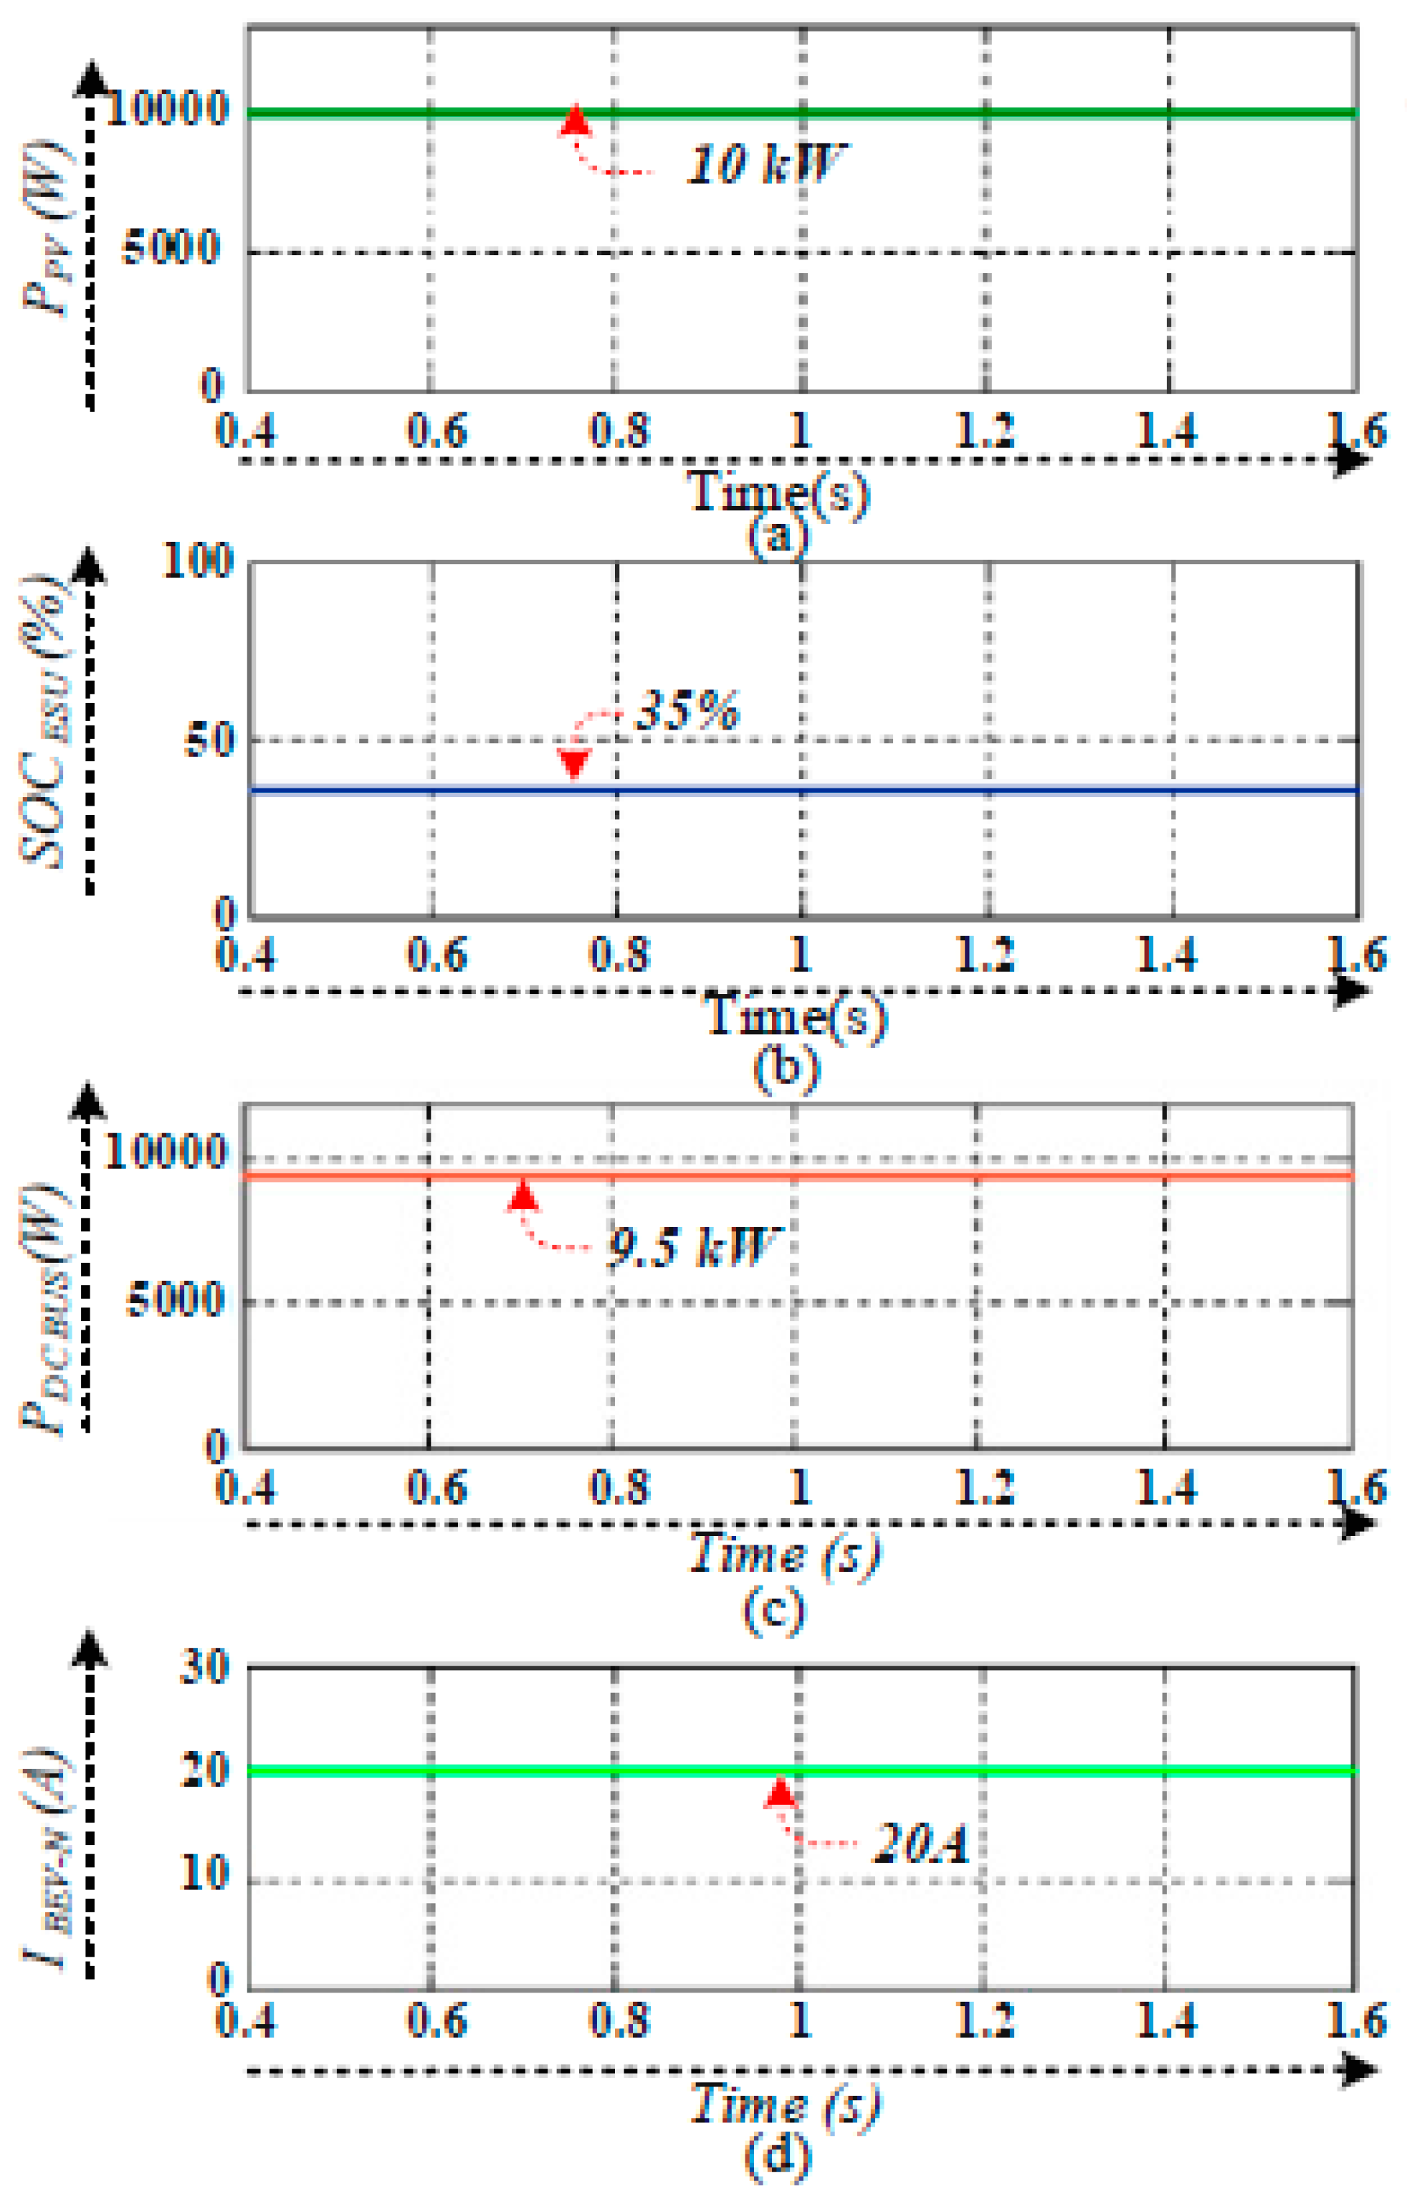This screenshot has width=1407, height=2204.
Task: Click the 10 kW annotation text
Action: tap(765, 165)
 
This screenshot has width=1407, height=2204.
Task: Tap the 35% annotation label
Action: tap(687, 710)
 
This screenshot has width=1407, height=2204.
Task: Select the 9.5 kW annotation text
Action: tap(692, 1246)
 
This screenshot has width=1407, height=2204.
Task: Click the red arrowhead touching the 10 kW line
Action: tap(574, 120)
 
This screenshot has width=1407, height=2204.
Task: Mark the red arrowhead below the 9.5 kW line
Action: tap(523, 1196)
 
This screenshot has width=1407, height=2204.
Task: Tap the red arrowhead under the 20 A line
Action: tap(779, 1791)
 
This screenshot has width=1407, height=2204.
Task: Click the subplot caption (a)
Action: tap(777, 535)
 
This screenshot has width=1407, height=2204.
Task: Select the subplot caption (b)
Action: tap(785, 1068)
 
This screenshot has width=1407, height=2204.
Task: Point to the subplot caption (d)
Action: tap(777, 2157)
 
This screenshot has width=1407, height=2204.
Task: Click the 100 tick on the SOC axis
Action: tap(197, 560)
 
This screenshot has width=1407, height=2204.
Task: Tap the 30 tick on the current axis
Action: tap(204, 1666)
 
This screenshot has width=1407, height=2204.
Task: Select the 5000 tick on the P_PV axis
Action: tap(171, 247)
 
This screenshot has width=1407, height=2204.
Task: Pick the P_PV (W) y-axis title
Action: tap(47, 229)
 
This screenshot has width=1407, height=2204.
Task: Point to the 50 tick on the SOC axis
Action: tap(209, 740)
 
